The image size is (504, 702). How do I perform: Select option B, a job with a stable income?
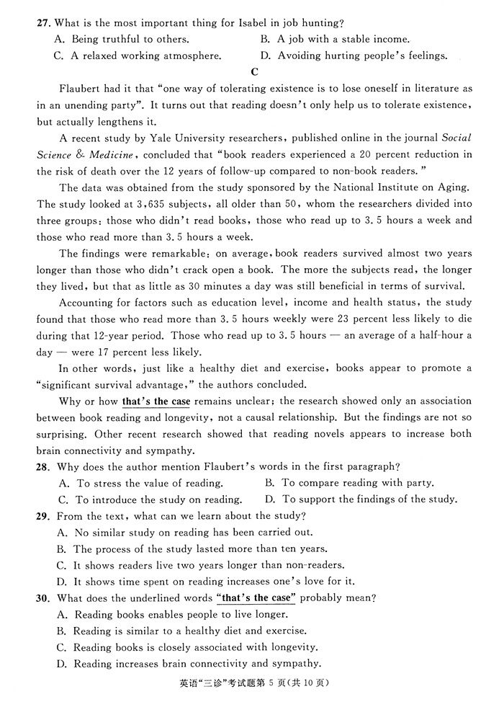335,39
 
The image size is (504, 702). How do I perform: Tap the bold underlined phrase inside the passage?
156,401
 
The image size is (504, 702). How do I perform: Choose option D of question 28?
360,499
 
